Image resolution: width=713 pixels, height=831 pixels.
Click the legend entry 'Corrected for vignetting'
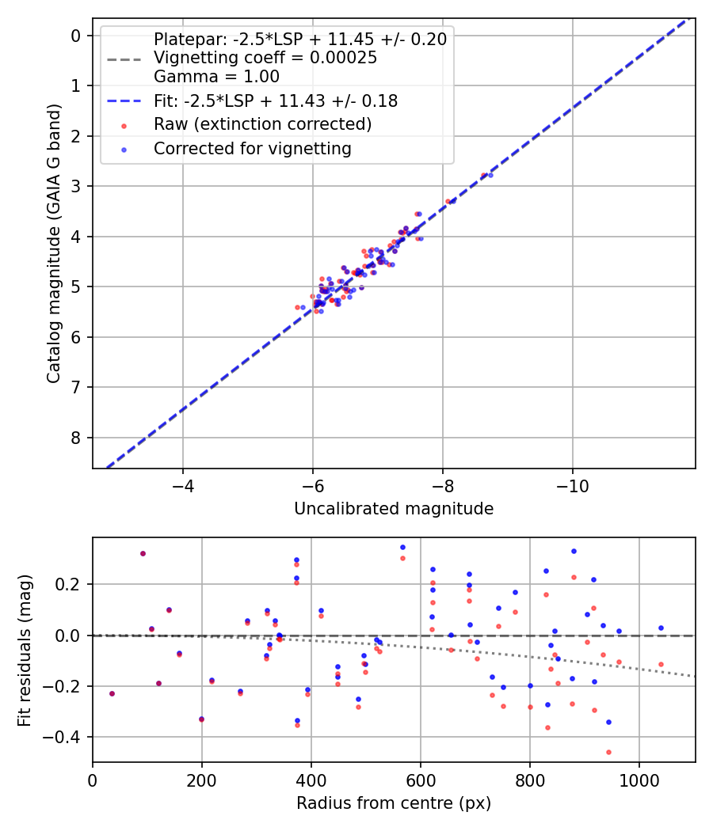click(253, 148)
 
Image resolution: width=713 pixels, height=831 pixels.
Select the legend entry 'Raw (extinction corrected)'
click(262, 124)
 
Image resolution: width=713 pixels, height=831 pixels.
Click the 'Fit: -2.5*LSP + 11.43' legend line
click(124, 101)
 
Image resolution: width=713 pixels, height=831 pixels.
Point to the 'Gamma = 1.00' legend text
click(216, 77)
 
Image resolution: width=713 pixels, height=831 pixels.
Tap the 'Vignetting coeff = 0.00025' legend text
click(265, 58)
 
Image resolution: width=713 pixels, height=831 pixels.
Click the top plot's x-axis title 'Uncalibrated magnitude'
click(394, 509)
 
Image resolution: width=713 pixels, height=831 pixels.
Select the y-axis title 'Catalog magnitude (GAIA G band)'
click(53, 248)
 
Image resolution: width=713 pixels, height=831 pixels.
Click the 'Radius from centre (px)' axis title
click(394, 803)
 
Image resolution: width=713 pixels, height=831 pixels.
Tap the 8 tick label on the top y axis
click(76, 438)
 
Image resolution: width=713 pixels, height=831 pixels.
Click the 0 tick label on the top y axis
click(76, 36)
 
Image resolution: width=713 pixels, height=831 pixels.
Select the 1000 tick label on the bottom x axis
click(639, 779)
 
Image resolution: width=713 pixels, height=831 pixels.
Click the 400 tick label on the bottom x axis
click(311, 779)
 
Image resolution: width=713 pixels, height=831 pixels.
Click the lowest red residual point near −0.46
click(608, 752)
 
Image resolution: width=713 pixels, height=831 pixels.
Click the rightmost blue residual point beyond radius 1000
click(661, 628)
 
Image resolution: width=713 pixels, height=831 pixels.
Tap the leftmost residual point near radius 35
click(112, 693)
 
